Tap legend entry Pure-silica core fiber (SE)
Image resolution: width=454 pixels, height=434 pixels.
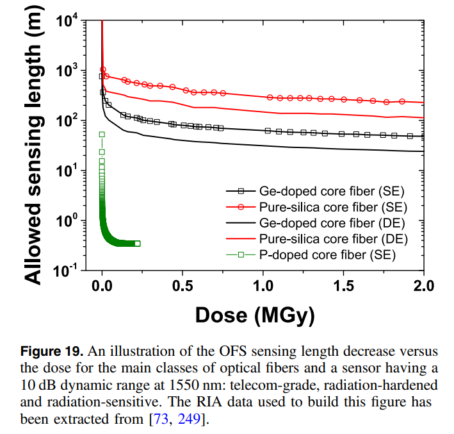[x=333, y=206]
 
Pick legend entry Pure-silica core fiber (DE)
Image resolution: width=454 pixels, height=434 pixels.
[x=334, y=238]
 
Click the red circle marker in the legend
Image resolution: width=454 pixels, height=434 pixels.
[x=241, y=206]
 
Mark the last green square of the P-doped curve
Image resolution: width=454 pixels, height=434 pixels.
[x=138, y=244]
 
